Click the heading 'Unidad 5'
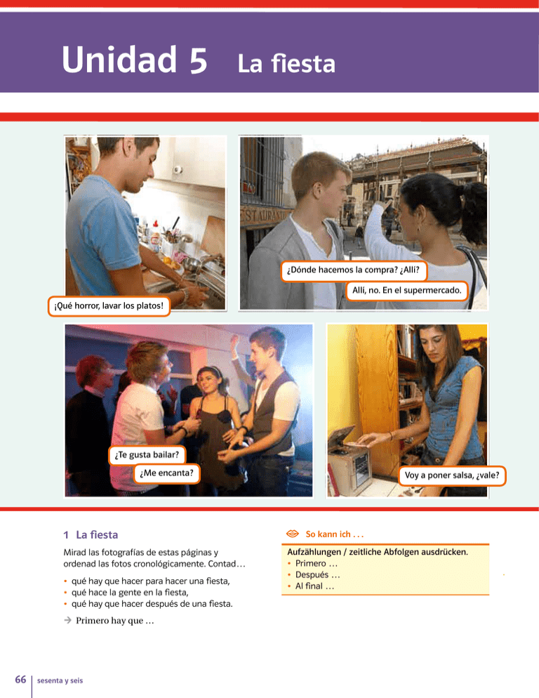135,60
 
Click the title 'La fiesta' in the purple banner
286,63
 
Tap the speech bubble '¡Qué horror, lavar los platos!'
109,306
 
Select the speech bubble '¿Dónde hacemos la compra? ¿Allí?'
354,270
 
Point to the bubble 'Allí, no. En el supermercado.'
407,290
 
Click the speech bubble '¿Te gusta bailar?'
147,454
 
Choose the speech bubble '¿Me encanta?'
167,473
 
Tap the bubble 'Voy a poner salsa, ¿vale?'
452,475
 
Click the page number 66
20,679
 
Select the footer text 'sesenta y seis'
60,680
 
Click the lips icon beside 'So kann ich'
293,533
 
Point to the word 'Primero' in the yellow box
311,563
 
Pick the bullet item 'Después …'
317,574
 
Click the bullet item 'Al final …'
314,586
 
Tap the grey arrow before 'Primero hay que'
67,620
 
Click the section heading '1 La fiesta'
91,534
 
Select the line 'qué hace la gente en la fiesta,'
130,593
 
